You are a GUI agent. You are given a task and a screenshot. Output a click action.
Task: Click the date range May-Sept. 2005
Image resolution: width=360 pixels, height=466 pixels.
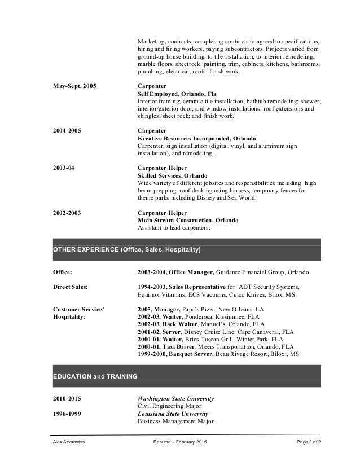point(74,86)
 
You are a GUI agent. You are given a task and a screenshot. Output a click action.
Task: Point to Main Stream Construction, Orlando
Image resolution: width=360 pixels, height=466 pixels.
point(188,220)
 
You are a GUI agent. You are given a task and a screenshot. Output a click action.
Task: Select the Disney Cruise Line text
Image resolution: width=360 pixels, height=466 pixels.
point(210,332)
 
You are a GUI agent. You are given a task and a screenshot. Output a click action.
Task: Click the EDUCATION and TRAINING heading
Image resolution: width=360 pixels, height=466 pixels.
point(95,376)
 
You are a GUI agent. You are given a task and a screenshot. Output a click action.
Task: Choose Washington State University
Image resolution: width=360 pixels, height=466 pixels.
point(175,398)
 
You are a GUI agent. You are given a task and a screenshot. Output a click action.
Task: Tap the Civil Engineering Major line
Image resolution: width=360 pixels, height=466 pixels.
point(169,406)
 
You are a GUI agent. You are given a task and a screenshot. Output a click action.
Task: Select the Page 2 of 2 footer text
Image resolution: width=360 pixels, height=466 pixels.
point(309,442)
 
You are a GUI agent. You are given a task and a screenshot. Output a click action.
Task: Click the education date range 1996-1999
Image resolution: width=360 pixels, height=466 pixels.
point(67,413)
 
